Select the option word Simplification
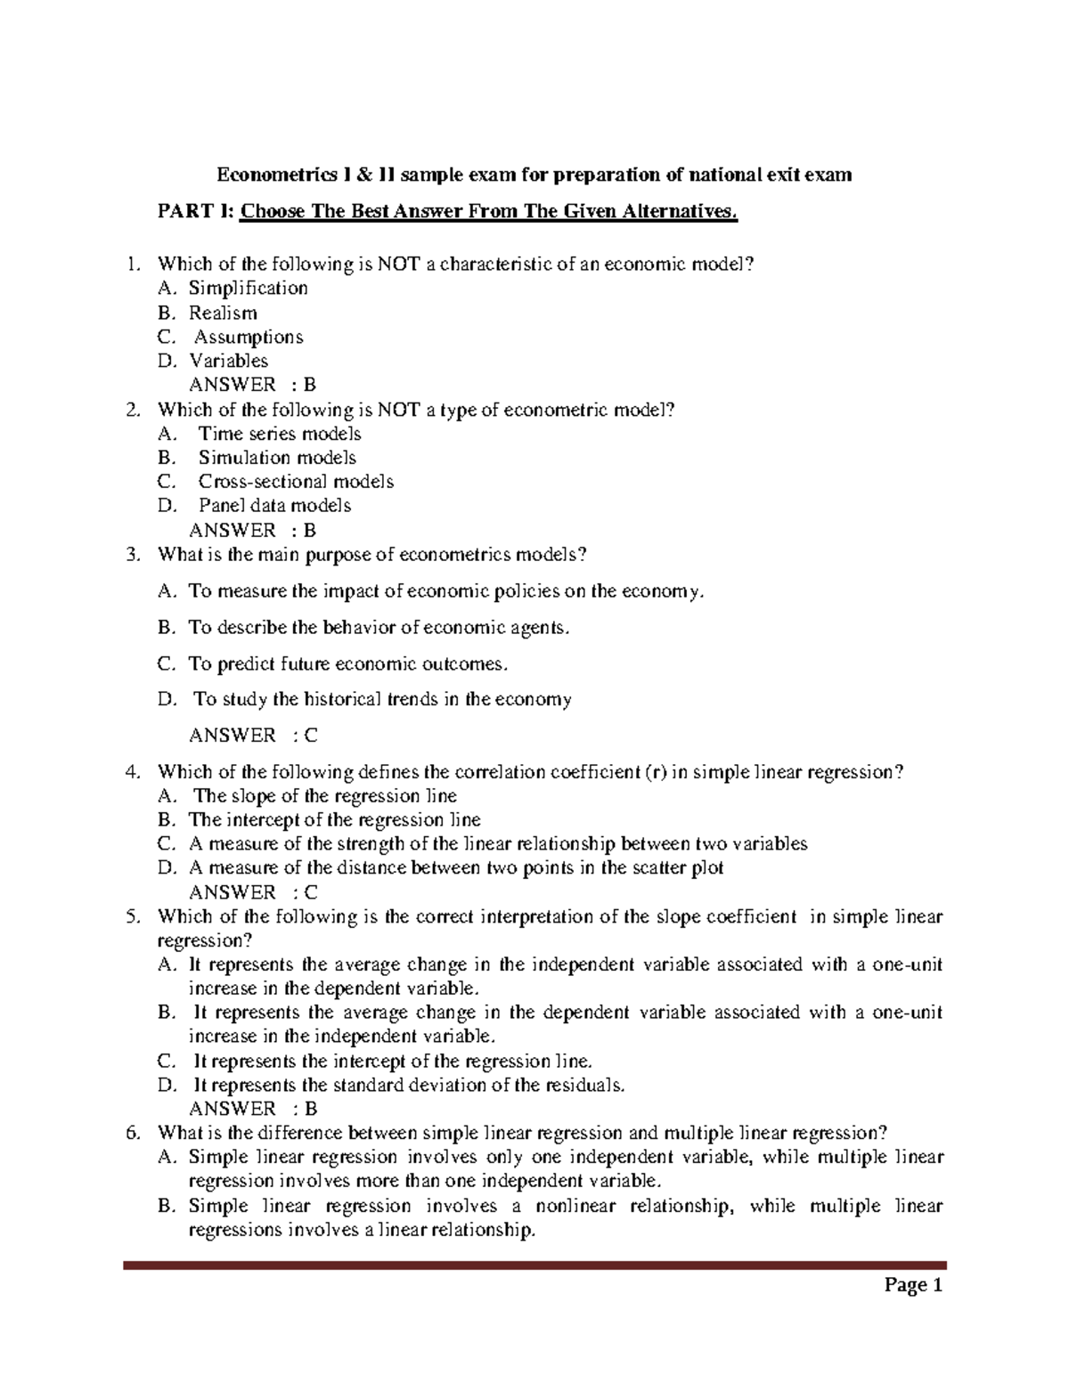tap(248, 289)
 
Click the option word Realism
tap(223, 313)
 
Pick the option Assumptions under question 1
tap(249, 337)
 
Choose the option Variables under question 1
tap(228, 361)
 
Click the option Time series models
tap(279, 434)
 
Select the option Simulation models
tap(277, 458)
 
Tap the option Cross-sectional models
tap(296, 482)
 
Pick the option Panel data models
tap(274, 506)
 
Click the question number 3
tap(132, 555)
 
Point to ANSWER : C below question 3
tap(253, 736)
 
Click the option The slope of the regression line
tap(325, 796)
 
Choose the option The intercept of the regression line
tap(334, 820)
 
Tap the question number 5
tap(132, 917)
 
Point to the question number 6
tap(132, 1134)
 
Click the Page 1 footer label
tap(913, 1285)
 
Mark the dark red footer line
tap(534, 1265)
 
